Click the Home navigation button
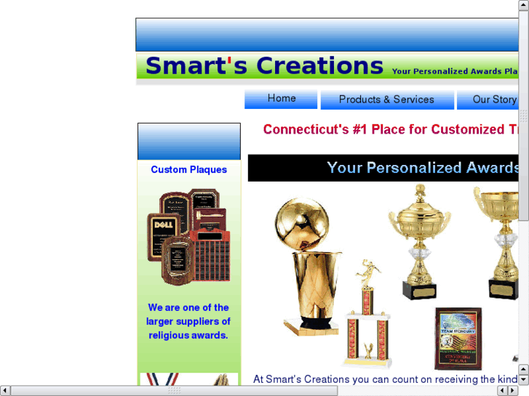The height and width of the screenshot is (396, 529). [281, 99]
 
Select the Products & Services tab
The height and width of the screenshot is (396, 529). [386, 100]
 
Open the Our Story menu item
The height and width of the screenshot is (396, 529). [494, 100]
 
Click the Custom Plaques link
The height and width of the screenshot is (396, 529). [188, 169]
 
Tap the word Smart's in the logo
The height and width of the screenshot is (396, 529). [186, 66]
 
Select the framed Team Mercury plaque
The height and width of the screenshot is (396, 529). [458, 338]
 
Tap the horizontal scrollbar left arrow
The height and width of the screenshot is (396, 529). [5, 390]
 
